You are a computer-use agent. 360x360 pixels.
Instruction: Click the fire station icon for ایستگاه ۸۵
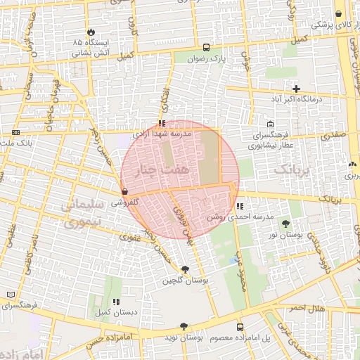91,32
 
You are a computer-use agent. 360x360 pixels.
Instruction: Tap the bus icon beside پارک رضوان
206,48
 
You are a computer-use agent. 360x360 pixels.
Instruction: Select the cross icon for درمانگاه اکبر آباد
296,89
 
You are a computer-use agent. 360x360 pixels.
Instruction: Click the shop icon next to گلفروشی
124,191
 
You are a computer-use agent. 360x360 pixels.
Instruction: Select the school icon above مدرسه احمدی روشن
240,207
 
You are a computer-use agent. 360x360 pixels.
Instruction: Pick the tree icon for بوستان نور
286,224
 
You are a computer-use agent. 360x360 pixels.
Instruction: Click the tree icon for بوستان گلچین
185,269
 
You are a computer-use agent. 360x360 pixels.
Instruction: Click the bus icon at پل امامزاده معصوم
240,327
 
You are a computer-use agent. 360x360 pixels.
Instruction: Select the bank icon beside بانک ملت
16,132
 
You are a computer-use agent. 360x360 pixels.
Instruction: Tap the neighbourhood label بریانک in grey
291,169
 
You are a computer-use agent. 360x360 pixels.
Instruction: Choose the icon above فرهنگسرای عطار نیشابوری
271,124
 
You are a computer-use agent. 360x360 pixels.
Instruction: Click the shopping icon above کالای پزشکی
339,13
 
